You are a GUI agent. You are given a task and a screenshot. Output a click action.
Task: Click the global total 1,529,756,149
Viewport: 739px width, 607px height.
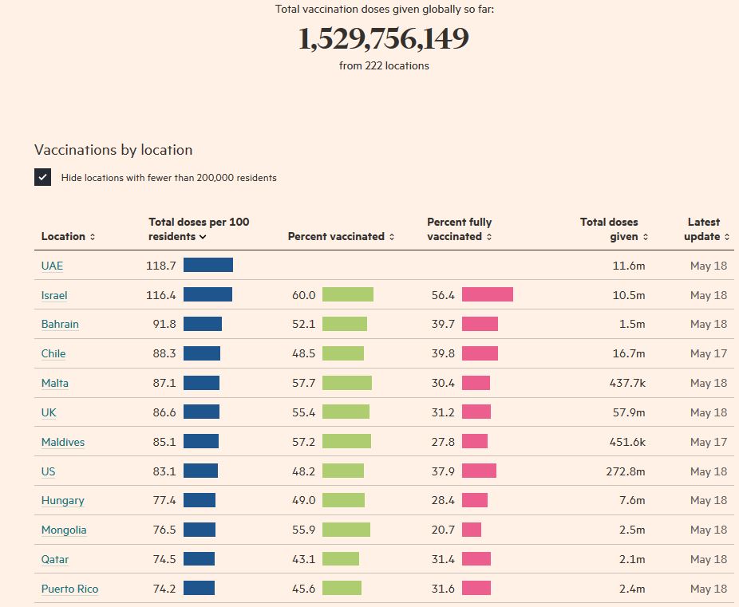point(384,39)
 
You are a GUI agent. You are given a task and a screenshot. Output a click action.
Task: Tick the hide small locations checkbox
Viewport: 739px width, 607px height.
point(43,177)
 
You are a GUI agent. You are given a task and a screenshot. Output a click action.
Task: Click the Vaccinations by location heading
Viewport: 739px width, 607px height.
point(113,150)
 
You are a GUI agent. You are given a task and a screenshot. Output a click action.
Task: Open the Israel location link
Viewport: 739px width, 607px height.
point(54,295)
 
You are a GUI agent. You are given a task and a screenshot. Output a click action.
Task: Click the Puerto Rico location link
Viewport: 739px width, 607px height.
point(69,589)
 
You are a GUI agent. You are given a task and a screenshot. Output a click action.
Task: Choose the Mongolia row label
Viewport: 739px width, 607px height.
point(64,530)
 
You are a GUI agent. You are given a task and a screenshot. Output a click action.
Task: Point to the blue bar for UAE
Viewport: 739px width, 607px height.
point(208,265)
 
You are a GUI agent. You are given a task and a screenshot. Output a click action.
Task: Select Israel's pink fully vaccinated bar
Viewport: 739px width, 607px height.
point(487,294)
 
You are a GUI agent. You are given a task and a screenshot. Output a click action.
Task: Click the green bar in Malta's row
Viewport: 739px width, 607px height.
point(347,383)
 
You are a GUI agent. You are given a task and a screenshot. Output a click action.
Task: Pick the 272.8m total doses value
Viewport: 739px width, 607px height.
point(626,471)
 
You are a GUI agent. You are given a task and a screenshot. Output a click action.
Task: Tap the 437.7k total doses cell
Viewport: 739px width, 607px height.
point(627,383)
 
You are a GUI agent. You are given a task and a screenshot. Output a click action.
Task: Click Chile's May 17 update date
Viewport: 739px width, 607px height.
point(709,353)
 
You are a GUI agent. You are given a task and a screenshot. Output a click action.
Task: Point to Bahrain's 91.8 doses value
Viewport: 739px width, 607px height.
point(164,324)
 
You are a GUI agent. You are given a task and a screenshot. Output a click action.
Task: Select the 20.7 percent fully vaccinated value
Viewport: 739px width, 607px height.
point(443,530)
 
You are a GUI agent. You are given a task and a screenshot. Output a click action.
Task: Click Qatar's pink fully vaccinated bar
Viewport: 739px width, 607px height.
point(476,559)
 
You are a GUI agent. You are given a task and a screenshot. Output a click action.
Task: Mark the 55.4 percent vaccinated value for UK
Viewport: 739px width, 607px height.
point(303,412)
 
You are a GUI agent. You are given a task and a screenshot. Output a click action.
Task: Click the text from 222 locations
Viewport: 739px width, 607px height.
point(384,66)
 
